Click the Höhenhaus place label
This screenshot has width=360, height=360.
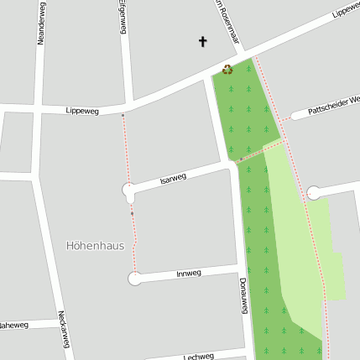click(x=95, y=246)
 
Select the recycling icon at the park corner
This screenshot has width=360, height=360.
click(x=227, y=70)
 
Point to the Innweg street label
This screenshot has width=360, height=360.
click(x=189, y=274)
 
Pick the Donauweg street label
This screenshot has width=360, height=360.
click(x=243, y=295)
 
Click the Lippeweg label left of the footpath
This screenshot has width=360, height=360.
click(x=81, y=111)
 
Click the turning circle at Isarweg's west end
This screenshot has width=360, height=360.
click(x=128, y=192)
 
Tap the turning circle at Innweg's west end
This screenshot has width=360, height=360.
click(x=134, y=279)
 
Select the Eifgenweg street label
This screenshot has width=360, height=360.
click(x=123, y=17)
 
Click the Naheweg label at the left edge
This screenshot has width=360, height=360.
click(x=13, y=324)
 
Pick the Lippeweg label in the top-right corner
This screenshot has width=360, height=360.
click(x=345, y=9)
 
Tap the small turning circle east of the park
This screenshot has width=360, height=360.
click(x=313, y=193)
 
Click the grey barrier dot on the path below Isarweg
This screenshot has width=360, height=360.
click(x=132, y=213)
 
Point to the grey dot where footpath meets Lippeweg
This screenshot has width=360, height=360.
click(x=123, y=115)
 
